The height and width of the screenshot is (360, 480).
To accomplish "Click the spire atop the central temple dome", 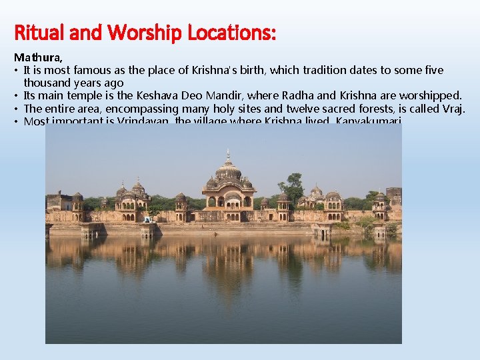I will pyautogui.click(x=227, y=155).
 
